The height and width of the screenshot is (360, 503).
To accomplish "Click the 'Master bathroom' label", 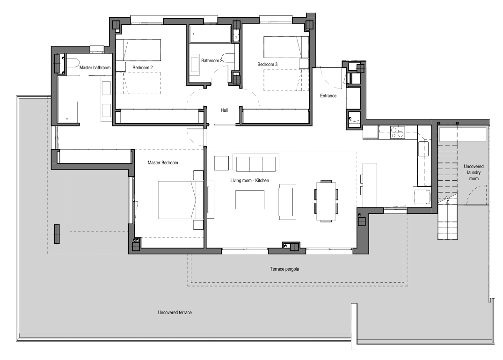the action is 95,68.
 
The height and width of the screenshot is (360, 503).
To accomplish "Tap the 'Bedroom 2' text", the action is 142,68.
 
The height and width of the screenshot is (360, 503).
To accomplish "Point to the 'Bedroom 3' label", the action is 267,64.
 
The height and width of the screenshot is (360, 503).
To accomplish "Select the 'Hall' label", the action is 224,110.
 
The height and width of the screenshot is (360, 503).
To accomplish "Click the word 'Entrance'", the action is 328,96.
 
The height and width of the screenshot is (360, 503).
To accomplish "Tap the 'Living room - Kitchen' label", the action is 249,180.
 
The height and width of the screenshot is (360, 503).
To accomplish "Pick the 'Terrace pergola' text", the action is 284,269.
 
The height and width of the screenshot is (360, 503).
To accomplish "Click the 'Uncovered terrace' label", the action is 175,312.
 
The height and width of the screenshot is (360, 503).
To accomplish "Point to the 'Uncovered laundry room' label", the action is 474,173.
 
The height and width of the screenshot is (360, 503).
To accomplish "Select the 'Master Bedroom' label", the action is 163,162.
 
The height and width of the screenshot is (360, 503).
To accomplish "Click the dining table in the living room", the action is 326,201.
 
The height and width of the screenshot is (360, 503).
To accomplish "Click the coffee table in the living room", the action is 250,199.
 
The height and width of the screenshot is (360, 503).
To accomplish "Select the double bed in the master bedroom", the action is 181,200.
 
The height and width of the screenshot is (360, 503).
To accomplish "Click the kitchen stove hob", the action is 397,132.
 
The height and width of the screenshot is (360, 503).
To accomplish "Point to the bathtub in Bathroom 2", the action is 210,34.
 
